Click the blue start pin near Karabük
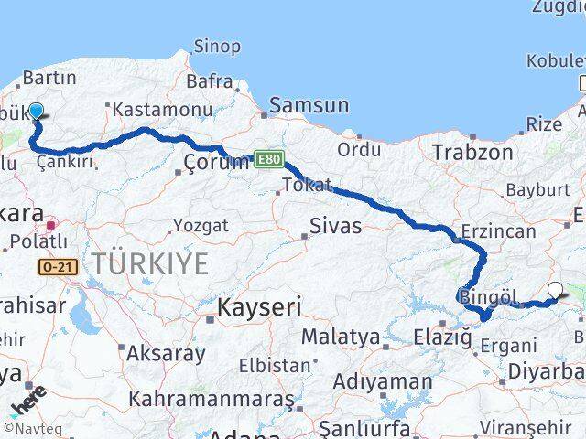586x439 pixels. (36, 112)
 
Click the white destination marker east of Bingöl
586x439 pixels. (556, 292)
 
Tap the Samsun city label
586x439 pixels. (309, 105)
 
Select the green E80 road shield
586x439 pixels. (268, 159)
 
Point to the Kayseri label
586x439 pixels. (258, 308)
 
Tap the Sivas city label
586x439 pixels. (335, 225)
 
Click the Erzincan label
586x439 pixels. (498, 231)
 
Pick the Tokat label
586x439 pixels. (308, 186)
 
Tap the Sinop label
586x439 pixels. (217, 46)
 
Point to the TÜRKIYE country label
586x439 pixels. (149, 264)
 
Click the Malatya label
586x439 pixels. (340, 337)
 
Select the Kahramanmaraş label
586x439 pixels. (211, 400)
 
